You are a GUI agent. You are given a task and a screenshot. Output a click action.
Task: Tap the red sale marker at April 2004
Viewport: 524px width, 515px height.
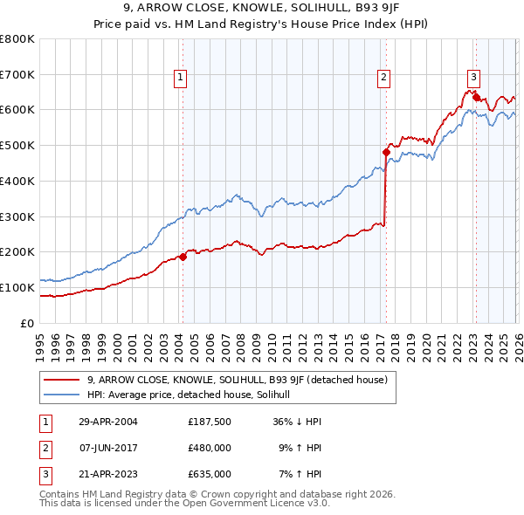(183, 257)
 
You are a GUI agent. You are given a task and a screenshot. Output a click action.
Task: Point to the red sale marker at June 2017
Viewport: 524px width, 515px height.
(385, 152)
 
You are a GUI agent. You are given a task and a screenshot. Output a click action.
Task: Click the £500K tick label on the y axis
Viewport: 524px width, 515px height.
(17, 145)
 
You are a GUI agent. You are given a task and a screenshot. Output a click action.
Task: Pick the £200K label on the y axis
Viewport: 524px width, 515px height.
(17, 251)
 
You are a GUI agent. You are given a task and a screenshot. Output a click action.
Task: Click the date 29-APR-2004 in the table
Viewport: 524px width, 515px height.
(108, 422)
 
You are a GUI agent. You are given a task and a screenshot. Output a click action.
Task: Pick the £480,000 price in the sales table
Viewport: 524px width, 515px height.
(210, 448)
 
